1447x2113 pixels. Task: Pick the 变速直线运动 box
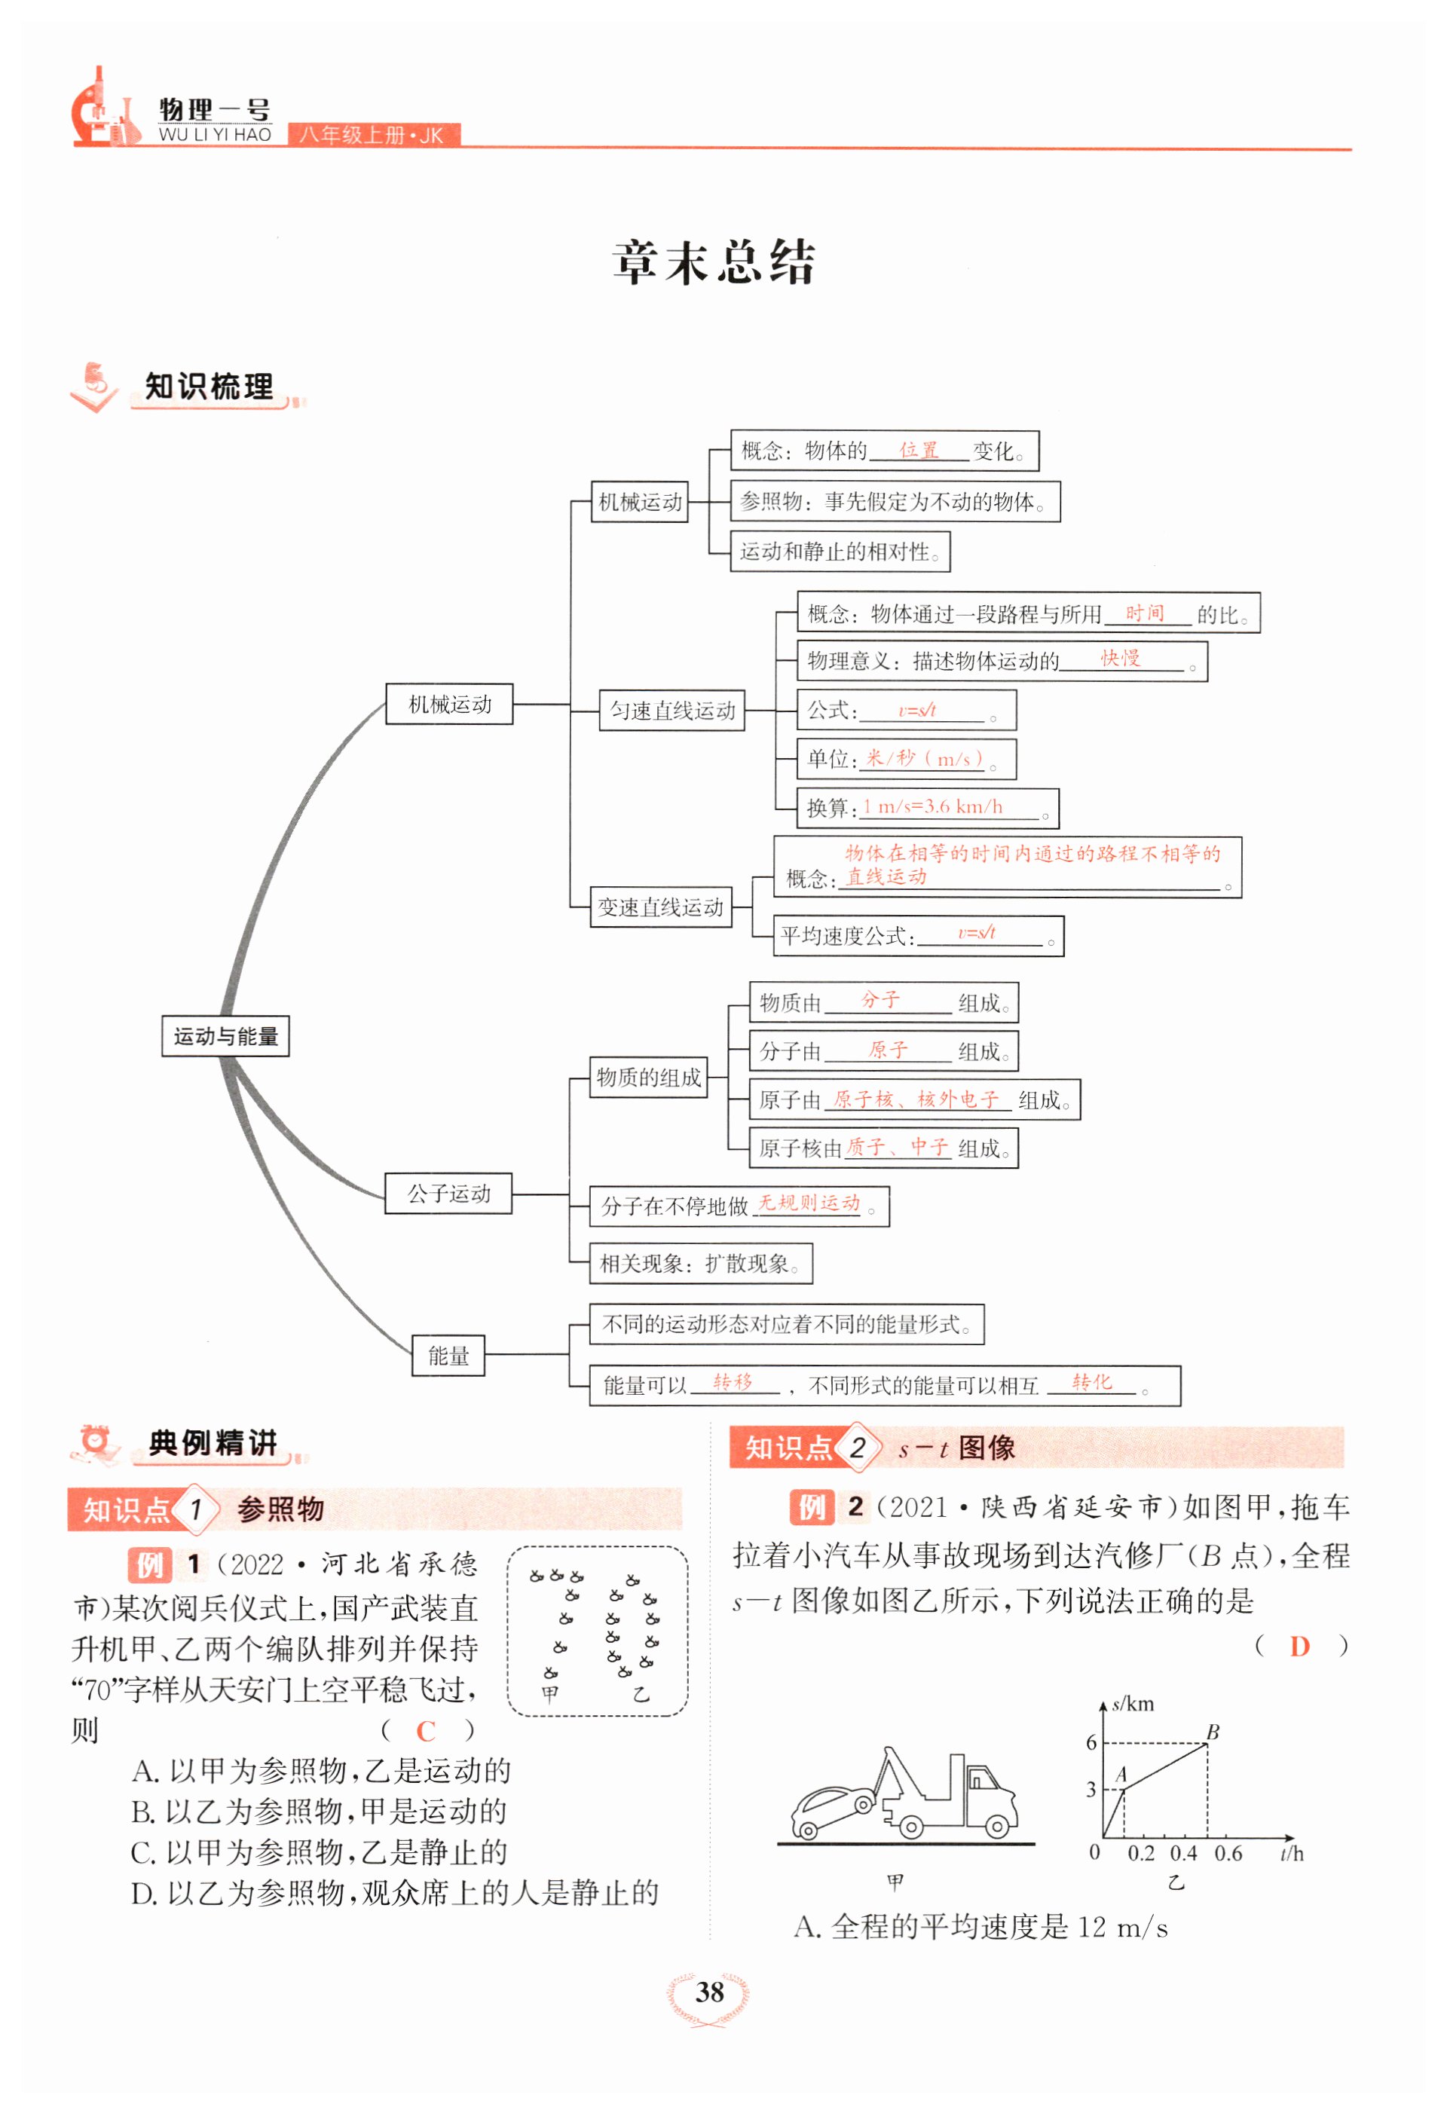[661, 907]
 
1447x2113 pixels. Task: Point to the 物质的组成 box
[648, 1078]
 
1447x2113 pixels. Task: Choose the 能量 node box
[448, 1356]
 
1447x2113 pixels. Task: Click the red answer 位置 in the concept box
[919, 450]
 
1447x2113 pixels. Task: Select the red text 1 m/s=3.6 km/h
[933, 806]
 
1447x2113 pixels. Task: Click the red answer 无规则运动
[809, 1203]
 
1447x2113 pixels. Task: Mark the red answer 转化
[1091, 1382]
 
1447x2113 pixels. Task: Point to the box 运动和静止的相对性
[840, 552]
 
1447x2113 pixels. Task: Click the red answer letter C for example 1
[426, 1731]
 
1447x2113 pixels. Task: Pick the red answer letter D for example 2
[1300, 1646]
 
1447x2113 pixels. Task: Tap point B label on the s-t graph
[1213, 1732]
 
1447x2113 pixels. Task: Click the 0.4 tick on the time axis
[1183, 1853]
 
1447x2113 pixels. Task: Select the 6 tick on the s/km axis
[1091, 1743]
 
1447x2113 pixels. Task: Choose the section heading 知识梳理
[210, 387]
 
